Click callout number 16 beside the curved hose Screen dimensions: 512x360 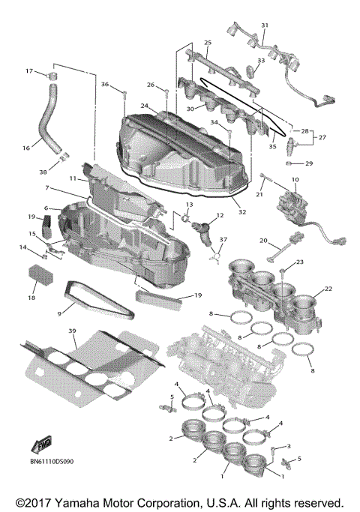(x=26, y=148)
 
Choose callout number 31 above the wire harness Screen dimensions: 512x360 (x=264, y=25)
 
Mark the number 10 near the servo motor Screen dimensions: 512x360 (x=295, y=180)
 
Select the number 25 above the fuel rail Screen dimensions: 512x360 (x=208, y=43)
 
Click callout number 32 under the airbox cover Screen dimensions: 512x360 (x=241, y=212)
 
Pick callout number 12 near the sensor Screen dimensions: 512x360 (x=220, y=216)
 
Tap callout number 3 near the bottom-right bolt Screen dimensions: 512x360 (x=288, y=446)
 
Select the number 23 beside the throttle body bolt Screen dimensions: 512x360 (x=299, y=262)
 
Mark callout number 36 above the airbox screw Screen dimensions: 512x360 (x=106, y=84)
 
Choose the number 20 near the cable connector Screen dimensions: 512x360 (x=264, y=241)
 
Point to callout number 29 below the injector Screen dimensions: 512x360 (x=309, y=163)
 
